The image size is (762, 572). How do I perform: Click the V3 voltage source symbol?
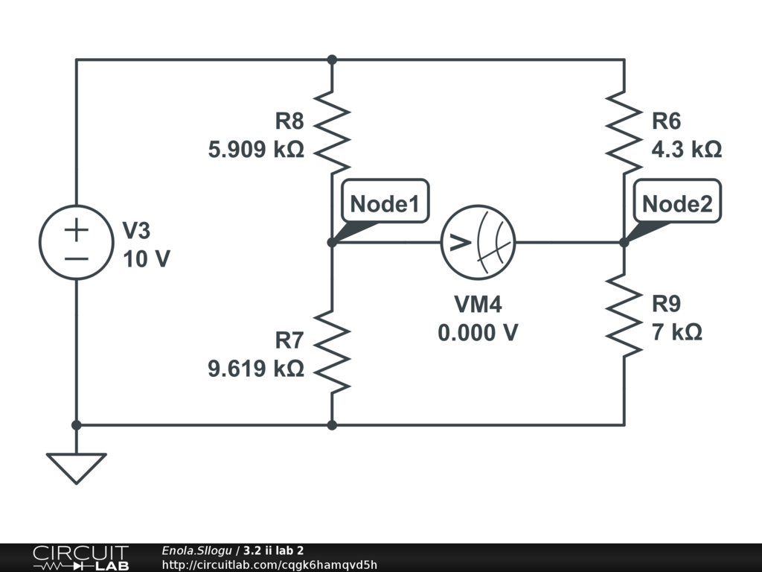76,242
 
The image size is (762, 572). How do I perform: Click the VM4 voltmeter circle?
478,243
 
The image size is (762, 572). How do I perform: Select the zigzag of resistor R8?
332,130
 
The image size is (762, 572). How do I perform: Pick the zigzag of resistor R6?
624,130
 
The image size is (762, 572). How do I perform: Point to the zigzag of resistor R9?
624,314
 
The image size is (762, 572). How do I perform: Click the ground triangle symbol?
76,468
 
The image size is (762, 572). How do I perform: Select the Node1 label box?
385,201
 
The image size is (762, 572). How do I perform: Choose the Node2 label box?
676,201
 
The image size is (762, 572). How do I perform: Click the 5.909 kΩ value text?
256,150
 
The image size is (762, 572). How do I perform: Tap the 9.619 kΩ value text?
256,368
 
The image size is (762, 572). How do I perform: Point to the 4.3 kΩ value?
686,150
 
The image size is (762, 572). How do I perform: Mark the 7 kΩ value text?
676,331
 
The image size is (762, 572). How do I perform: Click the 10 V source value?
146,258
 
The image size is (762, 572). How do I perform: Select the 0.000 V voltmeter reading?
478,332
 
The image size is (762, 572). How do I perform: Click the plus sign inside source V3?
76,229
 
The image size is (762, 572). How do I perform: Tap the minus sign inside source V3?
76,258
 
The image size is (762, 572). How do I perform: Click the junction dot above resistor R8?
332,60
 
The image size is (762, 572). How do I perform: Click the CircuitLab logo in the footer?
80,558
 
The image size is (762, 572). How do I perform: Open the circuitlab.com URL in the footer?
269,565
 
